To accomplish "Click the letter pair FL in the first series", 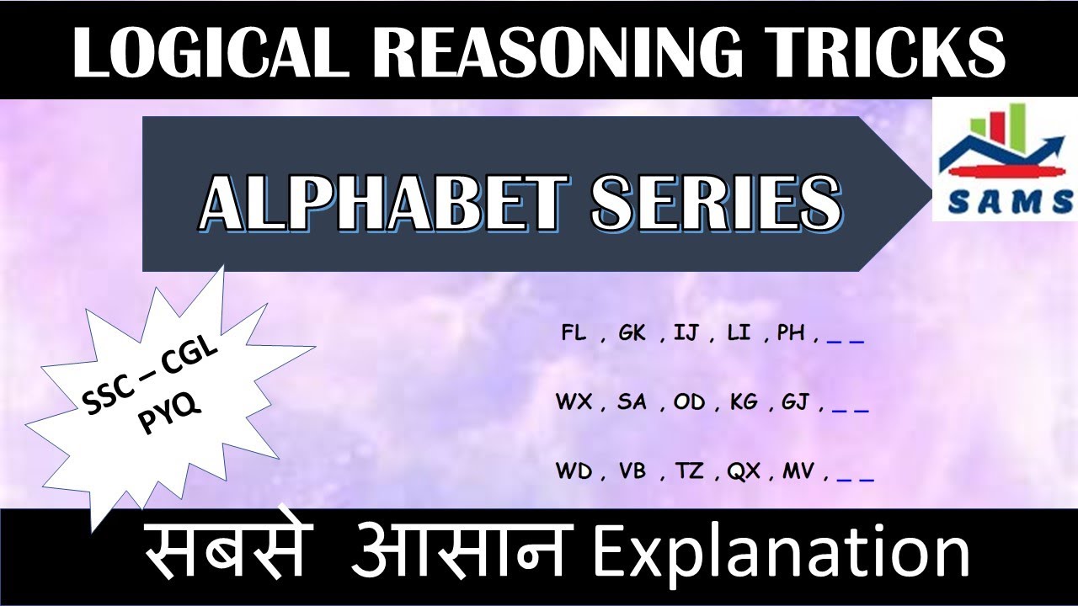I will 575,333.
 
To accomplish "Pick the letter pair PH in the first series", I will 791,333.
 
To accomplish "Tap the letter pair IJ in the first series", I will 687,333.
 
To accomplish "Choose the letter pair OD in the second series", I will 689,402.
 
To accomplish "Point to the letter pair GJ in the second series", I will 795,402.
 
